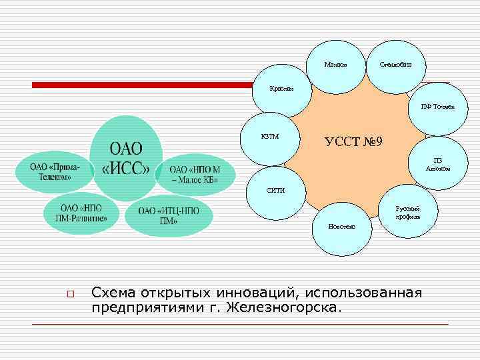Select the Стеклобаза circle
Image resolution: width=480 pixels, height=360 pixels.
(x=395, y=65)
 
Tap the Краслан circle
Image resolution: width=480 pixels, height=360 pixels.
(x=281, y=91)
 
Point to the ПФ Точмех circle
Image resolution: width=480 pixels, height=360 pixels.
(x=436, y=108)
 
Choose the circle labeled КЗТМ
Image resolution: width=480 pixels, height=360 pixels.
(x=270, y=137)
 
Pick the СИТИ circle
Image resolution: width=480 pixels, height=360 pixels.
(x=275, y=191)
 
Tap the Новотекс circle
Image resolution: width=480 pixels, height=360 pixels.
(x=341, y=227)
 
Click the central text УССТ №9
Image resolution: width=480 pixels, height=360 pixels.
(x=353, y=142)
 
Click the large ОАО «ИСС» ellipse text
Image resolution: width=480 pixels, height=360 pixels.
(x=125, y=157)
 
